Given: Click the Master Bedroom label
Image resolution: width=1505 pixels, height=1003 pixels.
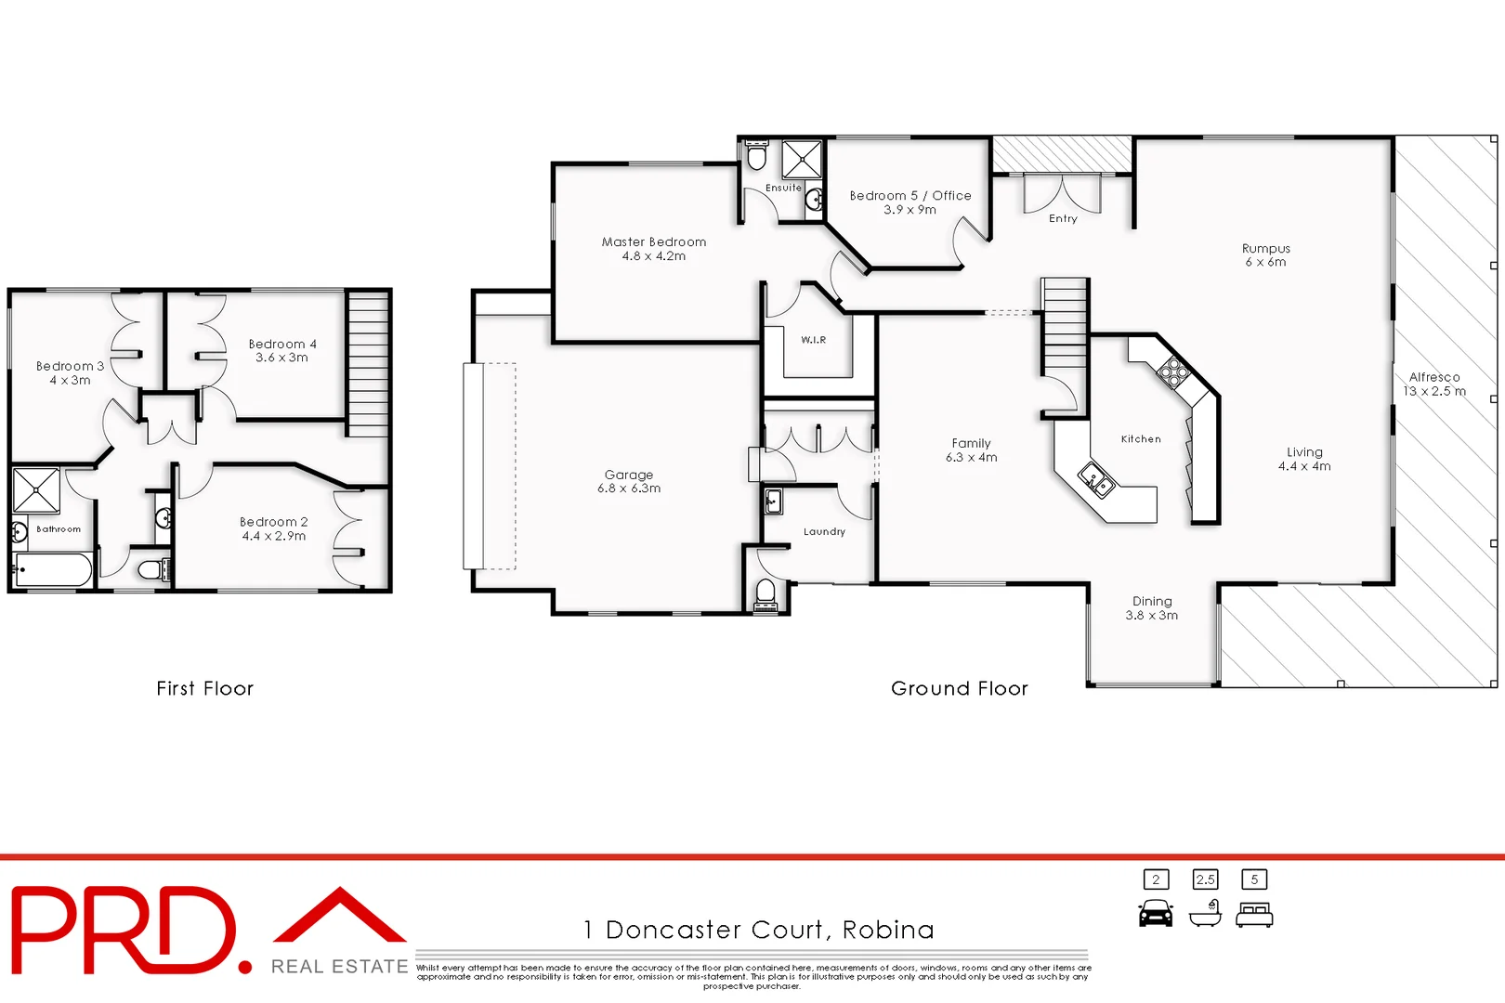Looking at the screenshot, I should tap(653, 242).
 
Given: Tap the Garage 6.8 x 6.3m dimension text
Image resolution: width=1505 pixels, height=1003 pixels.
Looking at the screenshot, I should tap(629, 488).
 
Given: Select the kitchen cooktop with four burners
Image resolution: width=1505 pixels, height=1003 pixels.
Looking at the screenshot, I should tap(1172, 371).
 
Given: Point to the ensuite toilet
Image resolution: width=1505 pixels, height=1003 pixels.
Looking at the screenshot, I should tap(756, 155).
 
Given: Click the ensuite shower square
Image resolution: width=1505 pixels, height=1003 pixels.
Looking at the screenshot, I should tap(801, 159).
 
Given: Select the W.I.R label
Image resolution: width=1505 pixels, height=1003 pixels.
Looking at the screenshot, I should tap(813, 340).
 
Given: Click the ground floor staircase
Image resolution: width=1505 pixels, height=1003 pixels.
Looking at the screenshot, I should tap(1064, 325).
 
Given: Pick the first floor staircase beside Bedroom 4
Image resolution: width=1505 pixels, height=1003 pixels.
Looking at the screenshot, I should tap(368, 362).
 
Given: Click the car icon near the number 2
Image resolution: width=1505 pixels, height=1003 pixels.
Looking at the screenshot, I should tap(1156, 914).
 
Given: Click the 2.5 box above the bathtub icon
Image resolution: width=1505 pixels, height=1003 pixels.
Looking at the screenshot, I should tap(1205, 879).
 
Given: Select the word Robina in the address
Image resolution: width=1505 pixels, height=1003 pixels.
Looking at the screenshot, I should tap(888, 930).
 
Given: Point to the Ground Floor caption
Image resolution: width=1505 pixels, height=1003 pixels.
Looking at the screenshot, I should tap(959, 688).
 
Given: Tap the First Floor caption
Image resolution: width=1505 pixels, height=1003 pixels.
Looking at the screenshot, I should tap(204, 688).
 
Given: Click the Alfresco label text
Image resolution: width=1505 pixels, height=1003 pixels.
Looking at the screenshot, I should tap(1433, 377).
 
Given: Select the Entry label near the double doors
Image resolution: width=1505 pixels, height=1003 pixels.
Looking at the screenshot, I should tap(1063, 219).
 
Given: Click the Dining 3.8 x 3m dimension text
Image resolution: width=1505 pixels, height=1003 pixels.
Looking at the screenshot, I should tap(1151, 616).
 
